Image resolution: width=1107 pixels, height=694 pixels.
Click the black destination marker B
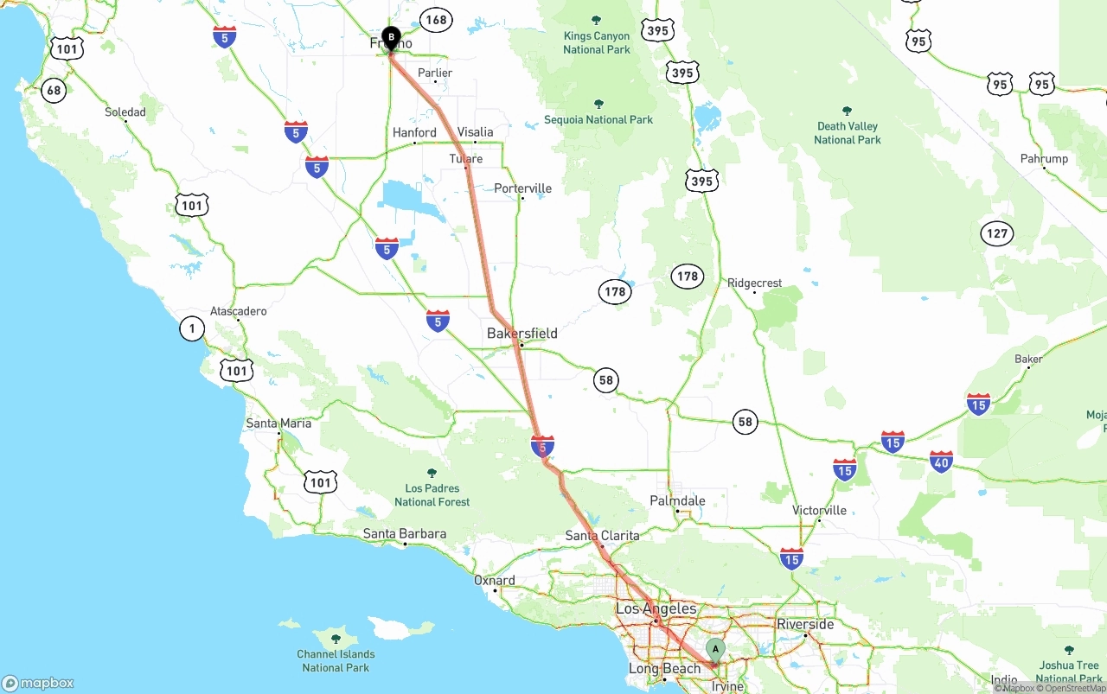pos(391,38)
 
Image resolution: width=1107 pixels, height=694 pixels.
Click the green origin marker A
pos(715,649)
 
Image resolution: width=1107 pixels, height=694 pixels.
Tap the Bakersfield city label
pos(522,333)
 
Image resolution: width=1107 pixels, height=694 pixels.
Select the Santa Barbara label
pos(404,533)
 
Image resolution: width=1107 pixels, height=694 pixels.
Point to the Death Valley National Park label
pos(847,132)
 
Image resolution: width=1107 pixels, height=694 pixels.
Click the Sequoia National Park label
pos(598,119)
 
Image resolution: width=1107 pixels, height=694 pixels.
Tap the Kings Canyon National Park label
pos(596,42)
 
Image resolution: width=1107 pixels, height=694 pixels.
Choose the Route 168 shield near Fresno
pos(436,19)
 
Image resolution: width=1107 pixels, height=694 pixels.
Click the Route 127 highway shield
pos(997,233)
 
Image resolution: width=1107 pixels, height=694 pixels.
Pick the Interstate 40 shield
pos(941,462)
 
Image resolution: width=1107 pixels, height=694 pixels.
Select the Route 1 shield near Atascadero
pos(191,328)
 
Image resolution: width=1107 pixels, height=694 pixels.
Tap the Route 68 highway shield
pos(54,90)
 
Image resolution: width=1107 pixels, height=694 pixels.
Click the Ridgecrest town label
pos(754,283)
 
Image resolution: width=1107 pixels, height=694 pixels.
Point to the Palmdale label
pos(677,500)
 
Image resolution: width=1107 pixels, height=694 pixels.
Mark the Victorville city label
pos(819,510)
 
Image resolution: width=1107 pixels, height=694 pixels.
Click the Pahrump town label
pos(1044,158)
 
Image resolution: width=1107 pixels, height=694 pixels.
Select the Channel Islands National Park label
pos(336,660)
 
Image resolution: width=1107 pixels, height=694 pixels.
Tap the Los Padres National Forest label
pos(432,494)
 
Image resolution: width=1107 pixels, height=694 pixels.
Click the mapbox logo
pos(38,683)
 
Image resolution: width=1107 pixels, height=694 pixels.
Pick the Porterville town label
pos(522,188)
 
